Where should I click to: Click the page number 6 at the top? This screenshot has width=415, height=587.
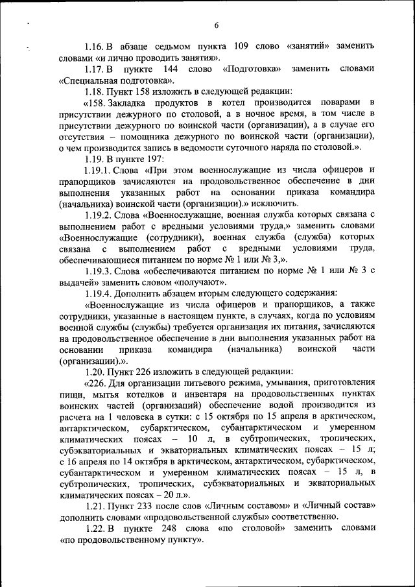pyautogui.click(x=217, y=25)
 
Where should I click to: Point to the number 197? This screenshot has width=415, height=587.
pyautogui.click(x=154, y=159)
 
